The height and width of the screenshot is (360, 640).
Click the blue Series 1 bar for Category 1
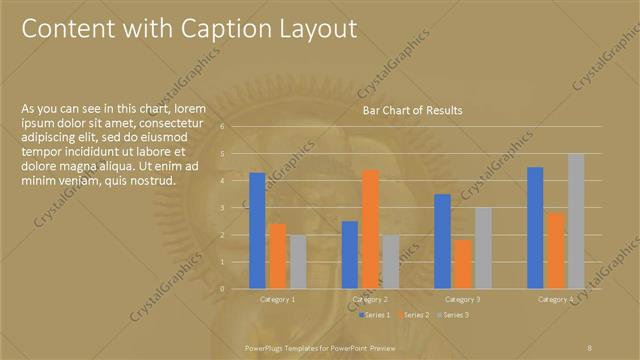[x=257, y=230]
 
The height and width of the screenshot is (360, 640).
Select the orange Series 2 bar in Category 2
[x=370, y=229]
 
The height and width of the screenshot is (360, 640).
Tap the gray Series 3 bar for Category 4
[x=576, y=220]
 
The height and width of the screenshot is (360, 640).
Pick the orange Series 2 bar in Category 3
[x=462, y=263]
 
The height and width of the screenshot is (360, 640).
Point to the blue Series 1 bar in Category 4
[x=535, y=227]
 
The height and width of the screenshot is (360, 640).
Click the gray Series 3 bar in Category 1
[x=297, y=261]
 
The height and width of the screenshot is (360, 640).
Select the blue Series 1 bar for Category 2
[x=349, y=254]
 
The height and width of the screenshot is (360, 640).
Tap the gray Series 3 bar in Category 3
[x=483, y=247]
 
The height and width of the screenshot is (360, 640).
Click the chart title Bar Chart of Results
[x=412, y=111]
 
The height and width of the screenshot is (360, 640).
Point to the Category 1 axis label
[x=277, y=299]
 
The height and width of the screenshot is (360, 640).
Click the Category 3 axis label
[x=462, y=299]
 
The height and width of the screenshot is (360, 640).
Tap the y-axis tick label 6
[x=236, y=127]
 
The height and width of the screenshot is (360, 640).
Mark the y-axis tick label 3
[x=236, y=207]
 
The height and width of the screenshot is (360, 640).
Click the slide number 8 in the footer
[x=590, y=346]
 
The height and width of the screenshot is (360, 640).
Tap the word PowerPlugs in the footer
[x=264, y=346]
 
